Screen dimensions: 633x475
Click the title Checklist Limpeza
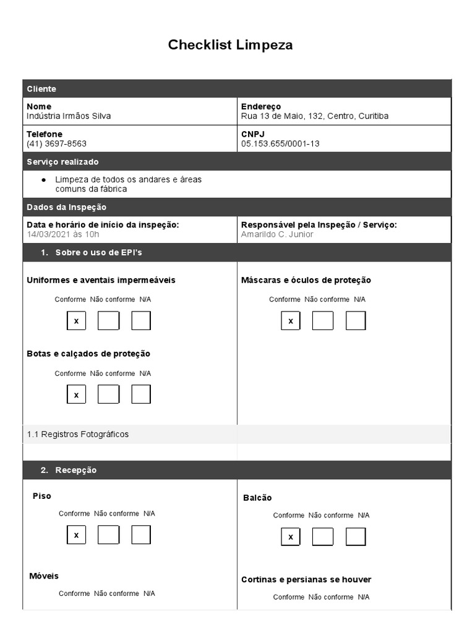pyautogui.click(x=230, y=45)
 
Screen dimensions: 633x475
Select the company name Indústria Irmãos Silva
pyautogui.click(x=69, y=116)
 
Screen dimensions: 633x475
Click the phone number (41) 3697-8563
pyautogui.click(x=56, y=144)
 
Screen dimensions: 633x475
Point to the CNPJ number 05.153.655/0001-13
pyautogui.click(x=280, y=144)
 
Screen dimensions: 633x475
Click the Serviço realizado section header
pyautogui.click(x=62, y=162)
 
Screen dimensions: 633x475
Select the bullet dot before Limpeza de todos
pyautogui.click(x=43, y=180)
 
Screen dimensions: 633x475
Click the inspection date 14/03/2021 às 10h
pyautogui.click(x=62, y=234)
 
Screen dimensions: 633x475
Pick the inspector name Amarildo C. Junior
pyautogui.click(x=277, y=234)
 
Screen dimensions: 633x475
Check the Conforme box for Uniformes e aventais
pyautogui.click(x=76, y=321)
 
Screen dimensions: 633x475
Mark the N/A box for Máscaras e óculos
pyautogui.click(x=356, y=321)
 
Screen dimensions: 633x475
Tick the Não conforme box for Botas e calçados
pyautogui.click(x=108, y=394)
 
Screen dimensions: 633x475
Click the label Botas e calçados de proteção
pyautogui.click(x=88, y=354)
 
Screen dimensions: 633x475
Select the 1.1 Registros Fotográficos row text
pyautogui.click(x=78, y=435)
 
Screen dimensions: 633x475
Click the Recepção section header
pyautogui.click(x=75, y=470)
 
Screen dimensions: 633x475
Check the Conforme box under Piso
pyautogui.click(x=76, y=535)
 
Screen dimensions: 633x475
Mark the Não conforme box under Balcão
pyautogui.click(x=322, y=537)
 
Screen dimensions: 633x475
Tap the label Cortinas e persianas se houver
pyautogui.click(x=306, y=580)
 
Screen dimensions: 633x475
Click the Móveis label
pyautogui.click(x=44, y=576)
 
